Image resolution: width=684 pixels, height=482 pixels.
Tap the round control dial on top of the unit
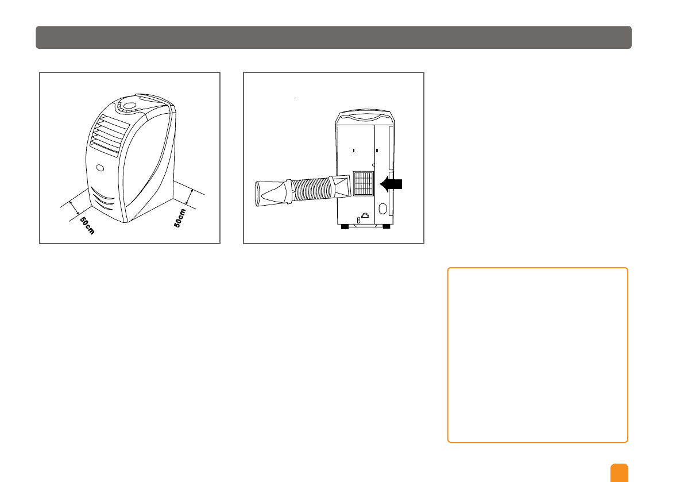129,106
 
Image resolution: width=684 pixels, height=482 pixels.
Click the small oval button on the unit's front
101,169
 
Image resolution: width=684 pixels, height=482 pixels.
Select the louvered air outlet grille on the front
107,136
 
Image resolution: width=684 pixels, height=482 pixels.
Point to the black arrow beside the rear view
392,184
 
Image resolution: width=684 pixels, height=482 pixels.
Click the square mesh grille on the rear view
362,183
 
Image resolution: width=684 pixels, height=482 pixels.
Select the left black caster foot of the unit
345,227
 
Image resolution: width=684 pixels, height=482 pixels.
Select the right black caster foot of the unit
386,227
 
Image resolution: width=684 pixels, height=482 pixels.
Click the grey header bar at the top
334,37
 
